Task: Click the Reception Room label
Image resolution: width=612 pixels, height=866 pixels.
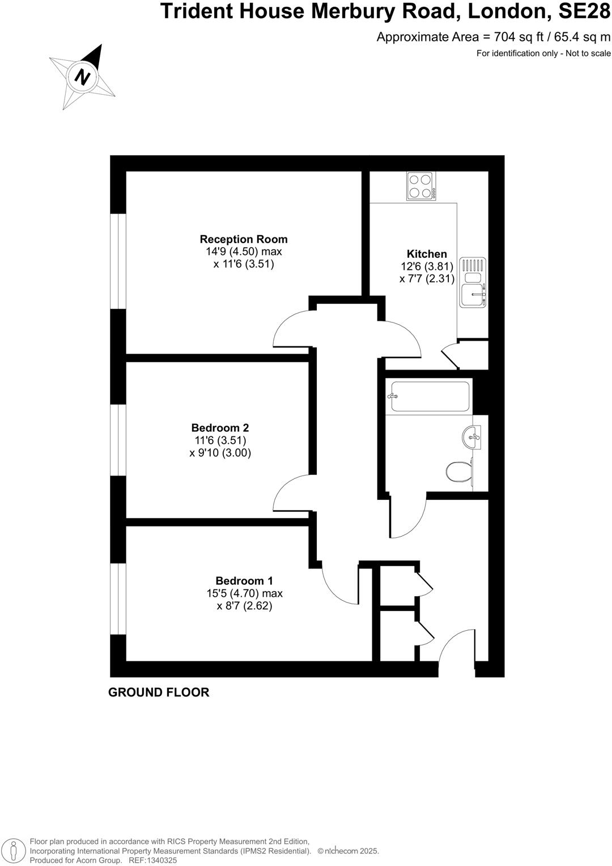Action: pyautogui.click(x=244, y=239)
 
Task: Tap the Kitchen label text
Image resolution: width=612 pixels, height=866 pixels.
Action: pyautogui.click(x=427, y=254)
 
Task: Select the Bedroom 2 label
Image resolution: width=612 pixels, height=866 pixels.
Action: pyautogui.click(x=220, y=428)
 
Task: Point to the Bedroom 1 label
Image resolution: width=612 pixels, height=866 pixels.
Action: pyautogui.click(x=244, y=581)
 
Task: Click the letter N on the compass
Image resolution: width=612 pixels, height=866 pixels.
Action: pyautogui.click(x=83, y=77)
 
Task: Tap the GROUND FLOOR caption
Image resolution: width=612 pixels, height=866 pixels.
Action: pyautogui.click(x=159, y=692)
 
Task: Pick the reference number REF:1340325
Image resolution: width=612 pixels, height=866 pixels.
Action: pyautogui.click(x=153, y=860)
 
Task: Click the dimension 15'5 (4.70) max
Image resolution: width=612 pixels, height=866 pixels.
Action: pyautogui.click(x=244, y=593)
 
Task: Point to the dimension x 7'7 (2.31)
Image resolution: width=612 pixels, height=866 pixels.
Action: pyautogui.click(x=427, y=279)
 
